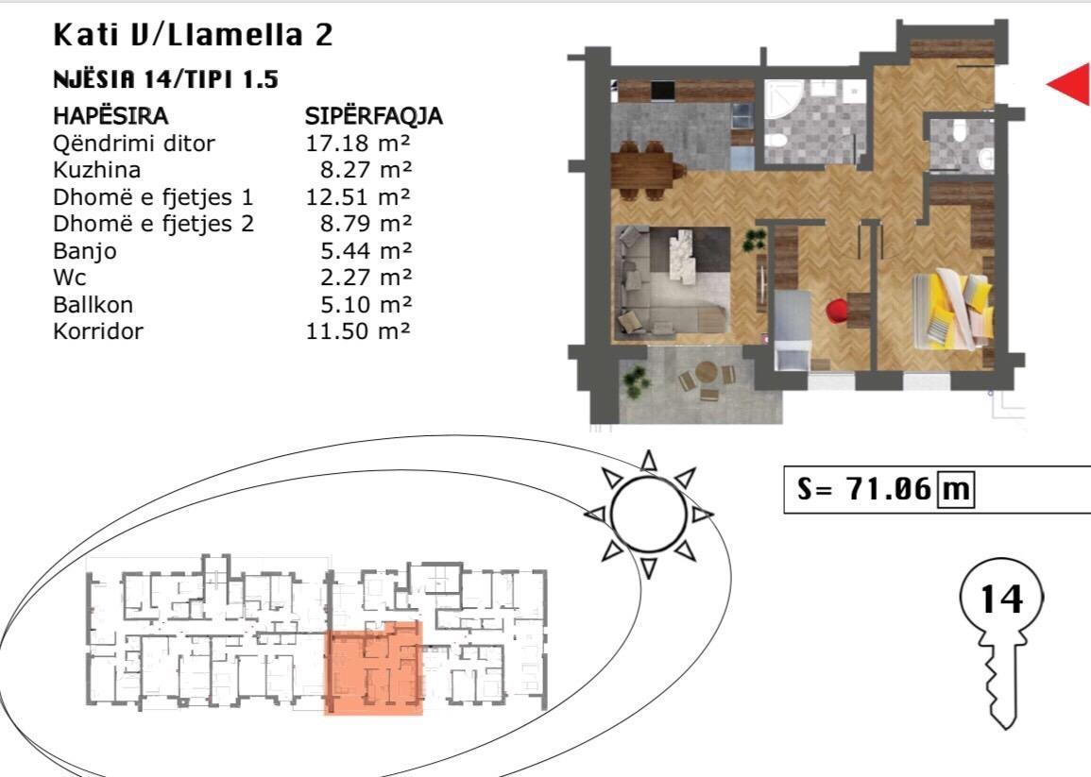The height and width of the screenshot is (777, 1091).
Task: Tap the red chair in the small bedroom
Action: click(x=839, y=311)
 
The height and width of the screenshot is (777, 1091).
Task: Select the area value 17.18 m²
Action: click(x=358, y=144)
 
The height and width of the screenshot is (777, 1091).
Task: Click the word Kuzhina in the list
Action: click(x=96, y=170)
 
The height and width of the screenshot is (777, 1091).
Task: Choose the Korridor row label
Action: click(x=98, y=331)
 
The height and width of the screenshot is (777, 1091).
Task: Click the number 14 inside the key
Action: click(x=1002, y=599)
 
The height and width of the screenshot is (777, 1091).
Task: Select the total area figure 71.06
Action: click(x=889, y=489)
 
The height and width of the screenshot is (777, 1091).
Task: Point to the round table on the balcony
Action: click(x=707, y=374)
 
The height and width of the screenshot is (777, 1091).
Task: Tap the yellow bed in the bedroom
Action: click(x=951, y=310)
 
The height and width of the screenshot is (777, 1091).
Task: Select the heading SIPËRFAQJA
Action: click(x=374, y=115)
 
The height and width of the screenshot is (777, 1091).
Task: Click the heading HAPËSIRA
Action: click(x=111, y=115)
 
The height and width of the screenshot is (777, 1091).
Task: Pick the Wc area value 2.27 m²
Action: click(x=367, y=278)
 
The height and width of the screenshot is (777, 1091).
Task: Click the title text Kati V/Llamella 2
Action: click(x=194, y=35)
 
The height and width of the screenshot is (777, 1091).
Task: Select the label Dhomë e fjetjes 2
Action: click(x=154, y=224)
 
